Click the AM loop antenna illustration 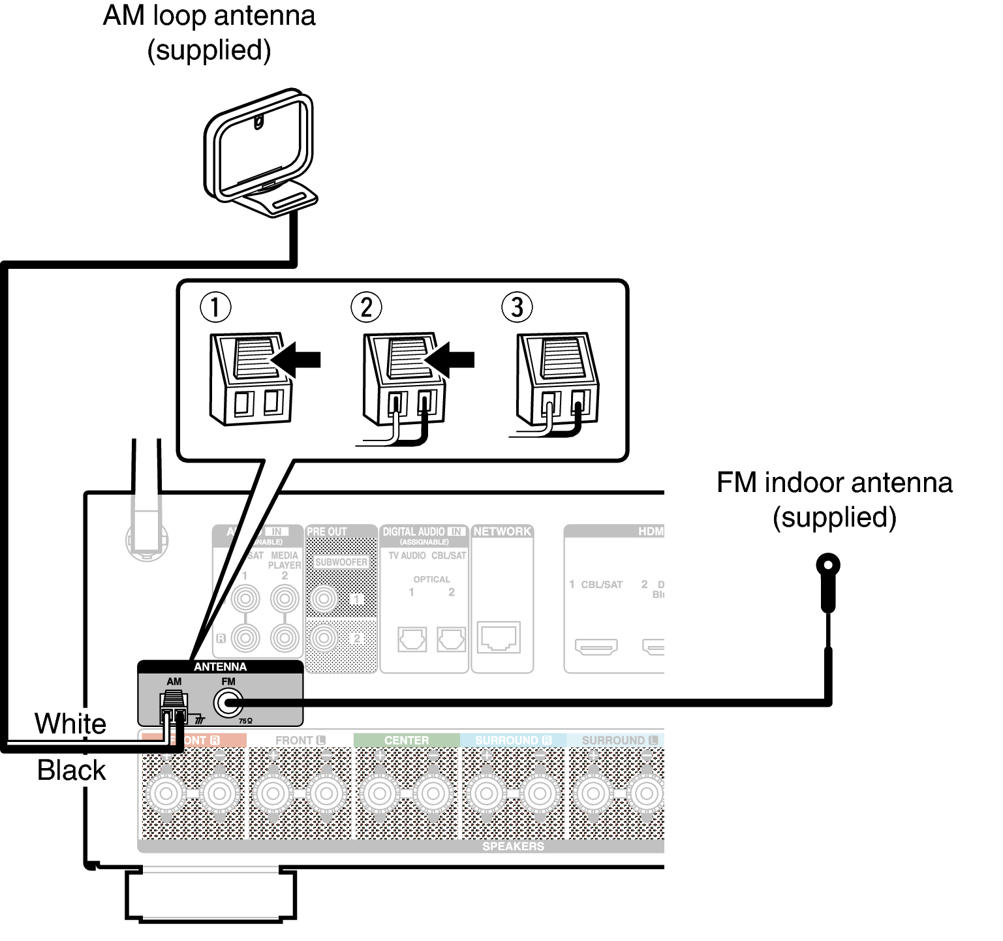tap(260, 153)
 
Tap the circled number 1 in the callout tap(215, 307)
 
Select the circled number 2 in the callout tap(366, 307)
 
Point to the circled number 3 tap(517, 307)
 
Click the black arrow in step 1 tap(297, 360)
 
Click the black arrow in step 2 tap(450, 360)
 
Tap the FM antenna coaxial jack tap(228, 703)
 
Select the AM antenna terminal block tap(174, 708)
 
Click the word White tap(70, 724)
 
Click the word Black tap(71, 771)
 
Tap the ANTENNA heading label tap(220, 667)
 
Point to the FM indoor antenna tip tap(828, 565)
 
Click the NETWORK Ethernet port tap(499, 637)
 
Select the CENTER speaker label tap(407, 740)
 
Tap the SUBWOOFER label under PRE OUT tap(341, 562)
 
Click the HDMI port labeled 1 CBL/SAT tap(596, 647)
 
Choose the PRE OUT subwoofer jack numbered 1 tap(324, 598)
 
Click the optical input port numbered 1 tap(412, 640)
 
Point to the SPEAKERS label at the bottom tap(513, 846)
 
